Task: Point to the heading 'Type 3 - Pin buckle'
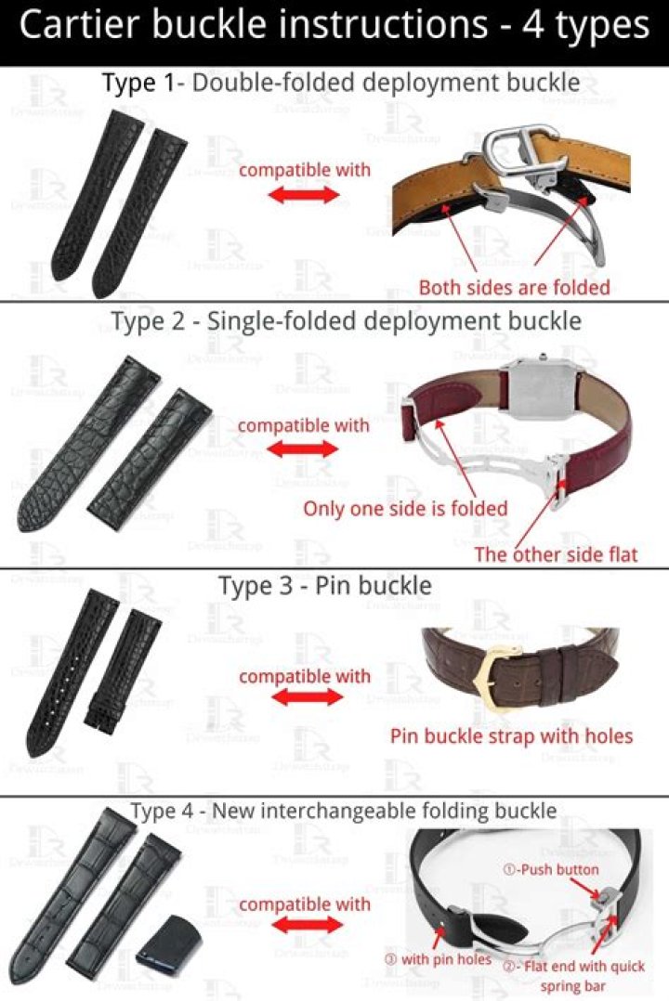tap(325, 586)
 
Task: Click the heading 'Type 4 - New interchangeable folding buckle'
tap(344, 811)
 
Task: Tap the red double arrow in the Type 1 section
tap(304, 195)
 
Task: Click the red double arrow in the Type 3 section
tap(304, 698)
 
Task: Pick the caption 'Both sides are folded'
tap(514, 287)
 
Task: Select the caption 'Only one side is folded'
tap(405, 508)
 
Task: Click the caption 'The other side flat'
tap(556, 554)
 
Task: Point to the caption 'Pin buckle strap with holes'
tap(511, 736)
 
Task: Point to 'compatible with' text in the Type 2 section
tap(304, 425)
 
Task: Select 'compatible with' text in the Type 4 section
tap(304, 904)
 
